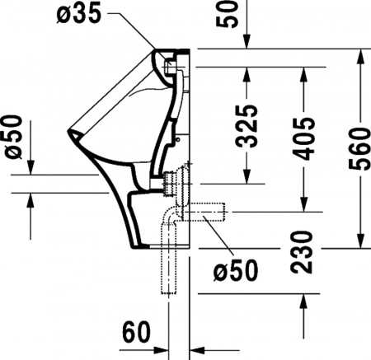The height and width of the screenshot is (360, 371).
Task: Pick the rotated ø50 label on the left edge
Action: [x=13, y=138]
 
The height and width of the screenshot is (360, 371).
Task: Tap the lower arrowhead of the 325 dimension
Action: [x=245, y=178]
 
